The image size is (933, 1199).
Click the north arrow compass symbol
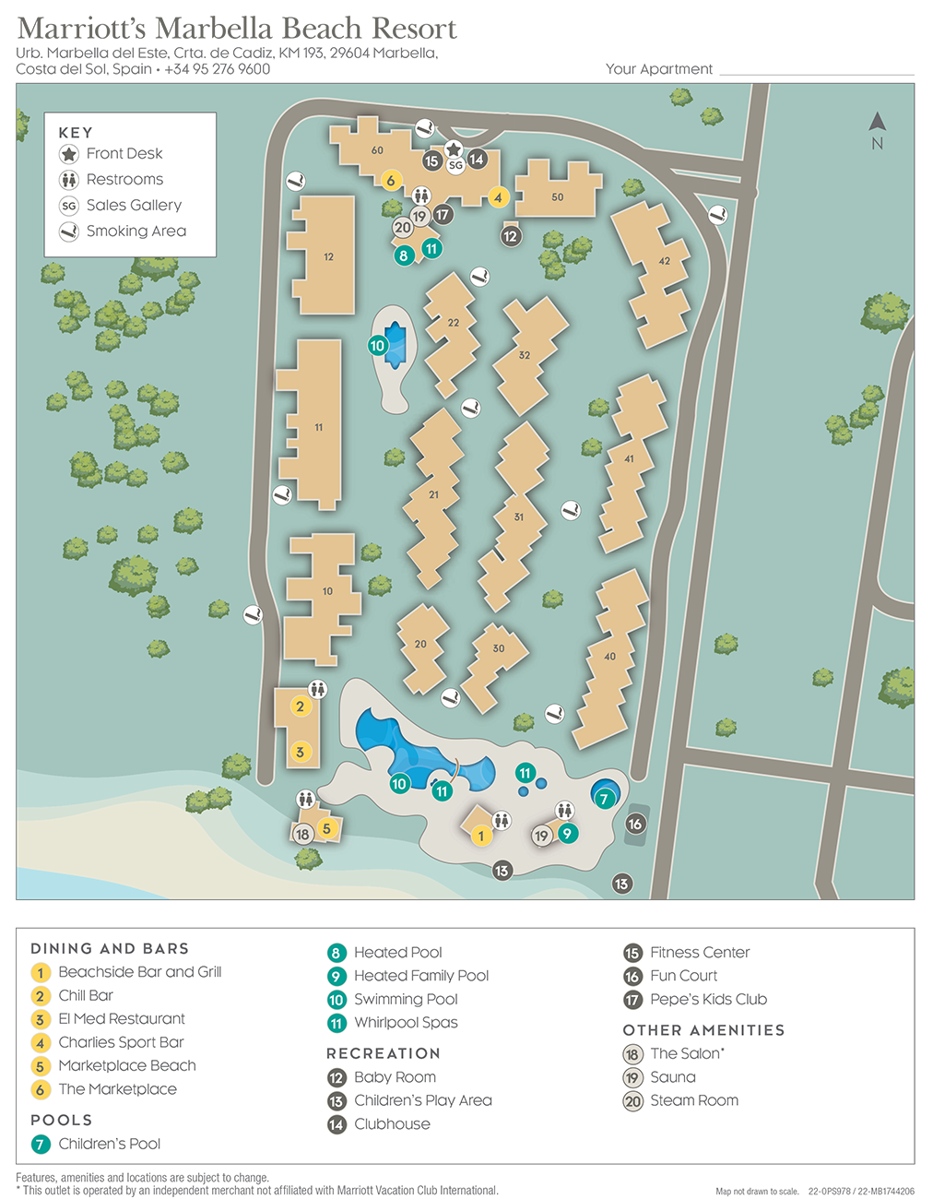pos(877,123)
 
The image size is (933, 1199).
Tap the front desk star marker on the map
pos(454,148)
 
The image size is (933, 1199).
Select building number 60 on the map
pos(377,150)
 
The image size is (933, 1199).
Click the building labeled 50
pos(557,196)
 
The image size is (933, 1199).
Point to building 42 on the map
pos(664,261)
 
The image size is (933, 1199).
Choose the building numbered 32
pos(525,355)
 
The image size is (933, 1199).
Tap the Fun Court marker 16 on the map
pos(635,824)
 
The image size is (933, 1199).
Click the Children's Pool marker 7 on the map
pos(604,799)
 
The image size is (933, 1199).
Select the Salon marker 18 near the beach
pos(302,835)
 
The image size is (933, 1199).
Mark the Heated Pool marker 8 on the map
pos(404,255)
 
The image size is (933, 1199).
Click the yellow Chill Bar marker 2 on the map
pos(300,706)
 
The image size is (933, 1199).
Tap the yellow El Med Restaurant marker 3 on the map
pos(300,752)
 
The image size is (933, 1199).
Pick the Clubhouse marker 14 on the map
pos(477,159)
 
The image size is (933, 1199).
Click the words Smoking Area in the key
pos(136,231)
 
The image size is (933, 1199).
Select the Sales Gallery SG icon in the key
pos(69,206)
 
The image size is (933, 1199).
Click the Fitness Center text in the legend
pos(699,953)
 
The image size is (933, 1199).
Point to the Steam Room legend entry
pos(693,1100)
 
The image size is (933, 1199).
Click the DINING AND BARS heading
pos(110,948)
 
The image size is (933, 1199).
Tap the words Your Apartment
pos(658,69)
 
